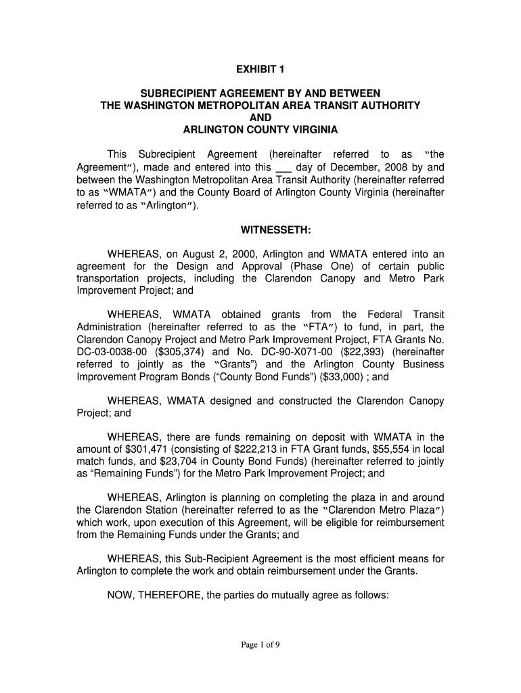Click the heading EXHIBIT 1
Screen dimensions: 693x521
pyautogui.click(x=260, y=70)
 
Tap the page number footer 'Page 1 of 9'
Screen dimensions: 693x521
pyautogui.click(x=260, y=645)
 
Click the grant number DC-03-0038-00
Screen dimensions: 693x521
pyautogui.click(x=107, y=352)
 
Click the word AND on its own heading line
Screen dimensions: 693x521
pyautogui.click(x=260, y=117)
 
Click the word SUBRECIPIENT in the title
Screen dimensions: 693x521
pyautogui.click(x=179, y=93)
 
